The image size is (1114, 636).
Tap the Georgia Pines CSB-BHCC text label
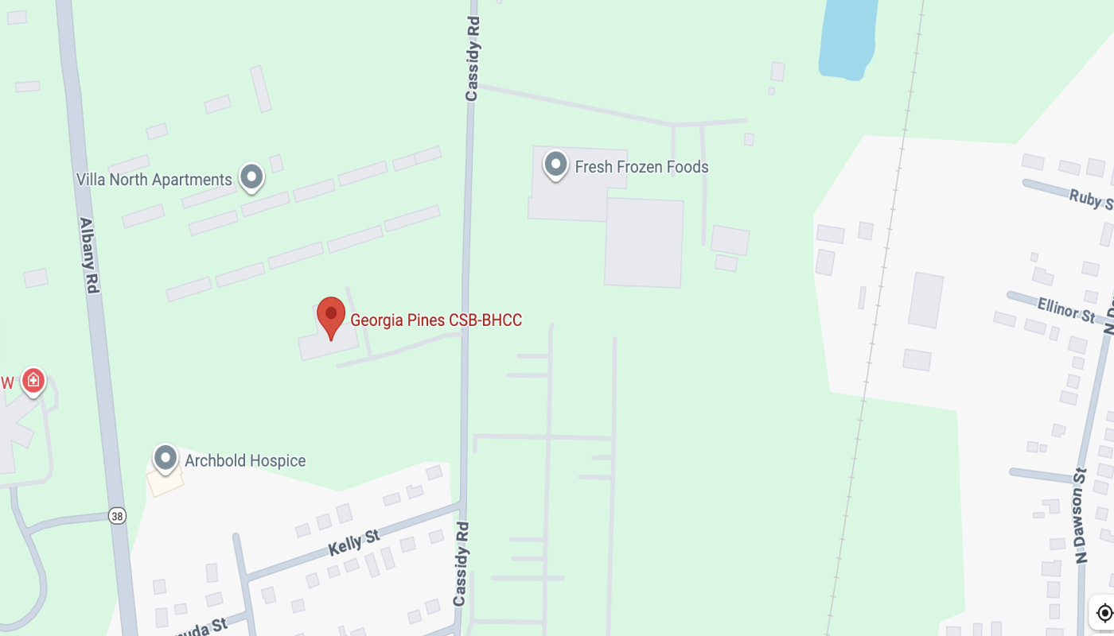pos(436,320)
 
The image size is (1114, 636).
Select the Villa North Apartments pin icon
pos(251,176)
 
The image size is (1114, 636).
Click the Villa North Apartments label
pos(154,180)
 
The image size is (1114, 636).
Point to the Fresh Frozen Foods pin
pos(555,165)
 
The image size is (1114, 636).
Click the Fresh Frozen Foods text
pos(641,167)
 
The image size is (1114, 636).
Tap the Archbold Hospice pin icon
pos(166,457)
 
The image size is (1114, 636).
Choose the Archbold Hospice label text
pos(245,460)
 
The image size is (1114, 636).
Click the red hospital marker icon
pos(33,380)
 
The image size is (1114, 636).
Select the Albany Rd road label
pos(88,255)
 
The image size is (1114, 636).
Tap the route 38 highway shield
pos(118,517)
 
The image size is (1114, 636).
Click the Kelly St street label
pos(353,543)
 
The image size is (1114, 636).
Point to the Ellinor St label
pos(1066,309)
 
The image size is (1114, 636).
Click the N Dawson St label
pos(1081,515)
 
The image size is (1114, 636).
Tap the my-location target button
pos(1104,613)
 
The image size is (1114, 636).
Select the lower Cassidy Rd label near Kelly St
pos(461,564)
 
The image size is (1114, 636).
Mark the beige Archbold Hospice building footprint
pos(164,481)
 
